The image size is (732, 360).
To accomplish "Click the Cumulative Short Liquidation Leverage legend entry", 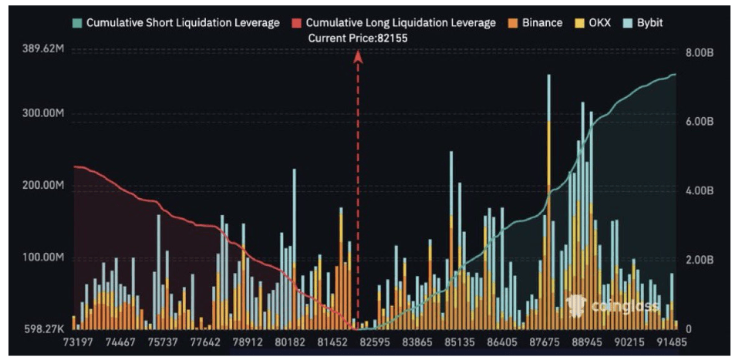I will [x=176, y=22].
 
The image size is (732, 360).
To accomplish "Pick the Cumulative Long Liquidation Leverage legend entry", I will [x=393, y=22].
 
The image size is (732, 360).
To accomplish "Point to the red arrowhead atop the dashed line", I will [x=358, y=56].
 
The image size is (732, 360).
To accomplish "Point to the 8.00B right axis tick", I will [x=700, y=52].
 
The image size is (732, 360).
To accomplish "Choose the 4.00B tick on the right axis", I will [x=700, y=190].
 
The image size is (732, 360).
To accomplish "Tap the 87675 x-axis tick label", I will [x=546, y=342].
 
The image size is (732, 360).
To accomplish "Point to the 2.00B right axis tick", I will [x=700, y=260].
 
